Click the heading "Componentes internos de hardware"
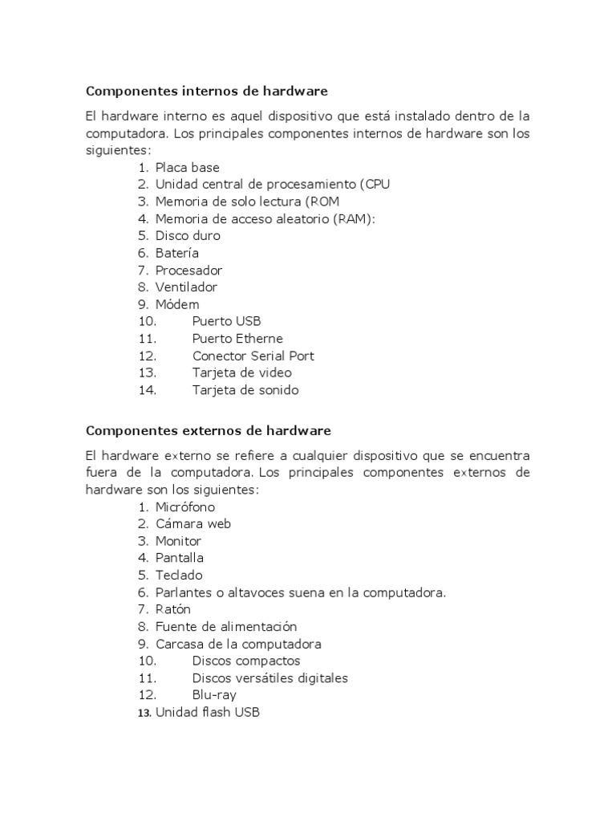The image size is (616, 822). pyautogui.click(x=207, y=91)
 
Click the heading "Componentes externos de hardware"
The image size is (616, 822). pyautogui.click(x=208, y=431)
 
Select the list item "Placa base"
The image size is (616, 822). pyautogui.click(x=187, y=167)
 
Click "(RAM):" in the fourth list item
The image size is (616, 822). pyautogui.click(x=354, y=218)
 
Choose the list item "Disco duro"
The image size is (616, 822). pyautogui.click(x=188, y=236)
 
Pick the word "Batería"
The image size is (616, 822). pyautogui.click(x=177, y=253)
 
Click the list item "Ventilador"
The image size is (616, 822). pyautogui.click(x=186, y=287)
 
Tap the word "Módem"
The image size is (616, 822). pyautogui.click(x=177, y=304)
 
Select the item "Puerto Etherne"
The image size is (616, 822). pyautogui.click(x=237, y=339)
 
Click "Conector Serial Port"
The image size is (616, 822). pyautogui.click(x=253, y=356)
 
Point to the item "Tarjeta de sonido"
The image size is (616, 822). pyautogui.click(x=245, y=390)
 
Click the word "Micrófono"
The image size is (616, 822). pyautogui.click(x=185, y=507)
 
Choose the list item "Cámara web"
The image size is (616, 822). pyautogui.click(x=192, y=523)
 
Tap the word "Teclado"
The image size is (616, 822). pyautogui.click(x=179, y=575)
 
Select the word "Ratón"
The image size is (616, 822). pyautogui.click(x=173, y=609)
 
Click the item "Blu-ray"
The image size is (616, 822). pyautogui.click(x=214, y=695)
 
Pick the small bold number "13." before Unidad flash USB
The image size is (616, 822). pyautogui.click(x=144, y=713)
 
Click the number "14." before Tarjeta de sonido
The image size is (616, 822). pyautogui.click(x=148, y=390)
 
